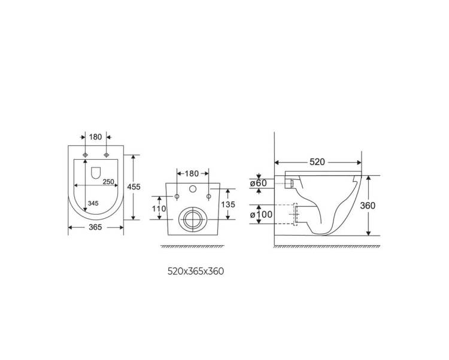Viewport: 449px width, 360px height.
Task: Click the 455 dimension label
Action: tap(134, 187)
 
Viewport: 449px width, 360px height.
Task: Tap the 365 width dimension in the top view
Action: tap(95, 227)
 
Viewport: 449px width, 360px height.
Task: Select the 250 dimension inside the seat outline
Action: tap(108, 182)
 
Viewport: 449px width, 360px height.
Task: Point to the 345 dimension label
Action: tap(93, 203)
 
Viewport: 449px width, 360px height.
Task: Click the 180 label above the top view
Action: tap(95, 138)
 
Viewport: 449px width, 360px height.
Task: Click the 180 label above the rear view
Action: tap(192, 173)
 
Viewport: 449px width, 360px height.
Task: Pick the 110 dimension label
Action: tap(159, 209)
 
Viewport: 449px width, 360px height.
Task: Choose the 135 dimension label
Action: tap(228, 205)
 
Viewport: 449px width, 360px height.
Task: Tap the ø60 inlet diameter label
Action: tap(258, 183)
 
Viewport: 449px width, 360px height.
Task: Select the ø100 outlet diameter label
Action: tap(261, 215)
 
